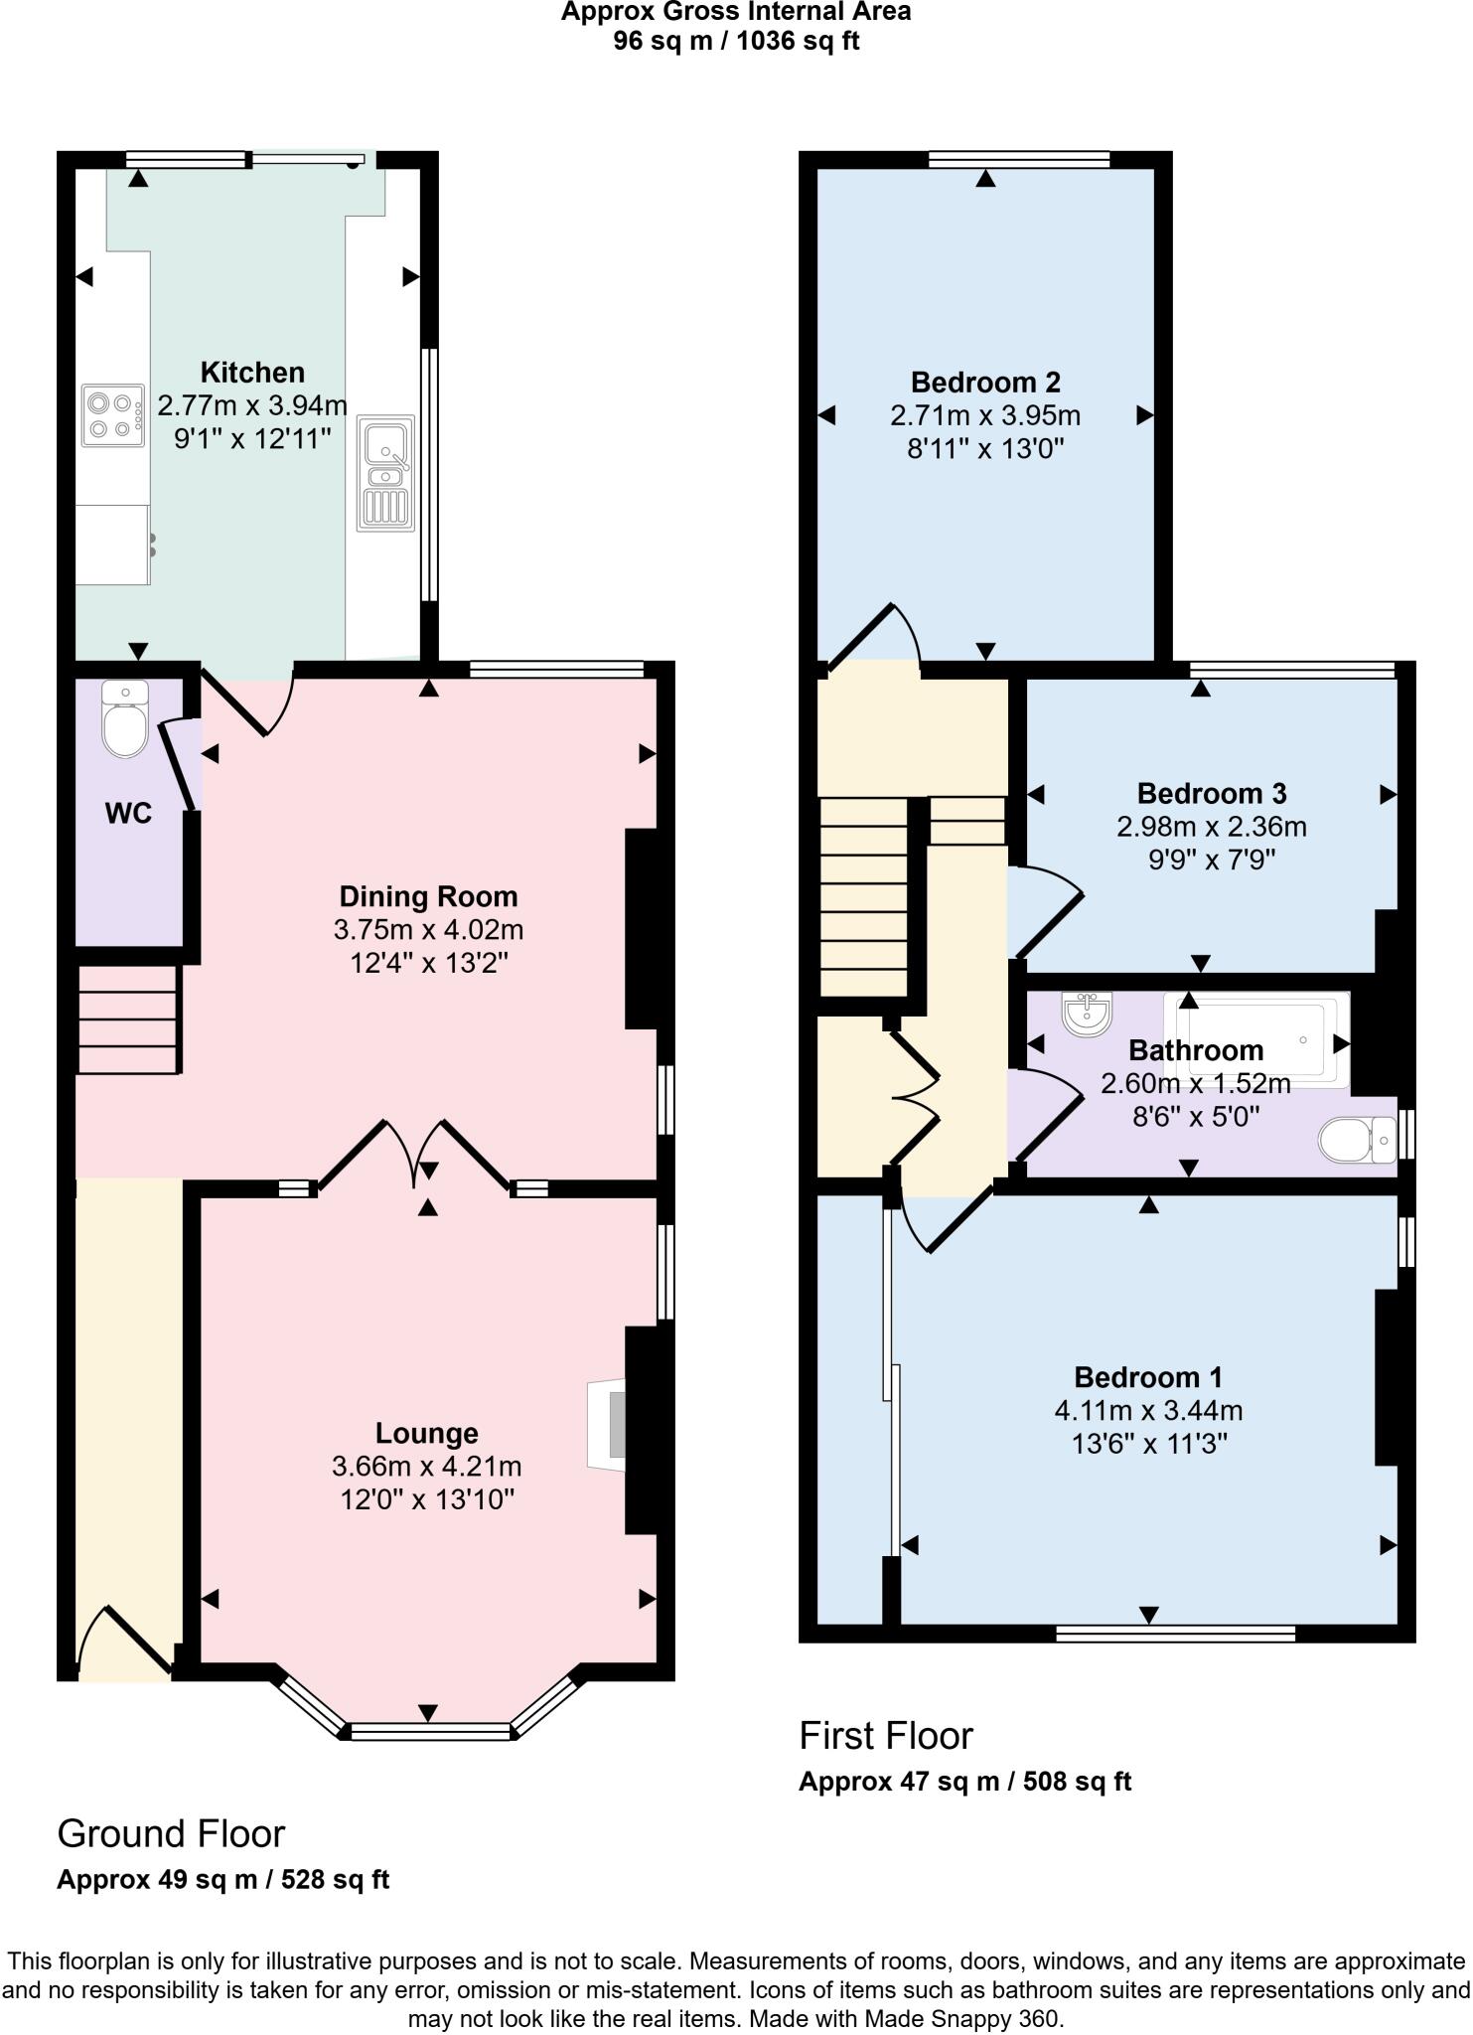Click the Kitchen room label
coord(252,373)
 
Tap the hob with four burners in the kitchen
coord(112,416)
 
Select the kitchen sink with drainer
coord(387,471)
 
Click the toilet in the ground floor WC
coord(125,719)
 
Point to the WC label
coord(128,814)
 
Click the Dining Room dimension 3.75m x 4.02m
coord(428,930)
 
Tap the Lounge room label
coord(427,1433)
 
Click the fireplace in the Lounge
coord(608,1424)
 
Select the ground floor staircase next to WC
coord(128,1020)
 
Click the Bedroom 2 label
coord(985,382)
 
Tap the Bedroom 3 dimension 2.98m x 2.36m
coord(1211,827)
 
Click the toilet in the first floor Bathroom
coord(1356,1140)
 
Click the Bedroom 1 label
coord(1147,1377)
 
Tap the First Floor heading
coord(886,1736)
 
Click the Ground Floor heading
coord(171,1833)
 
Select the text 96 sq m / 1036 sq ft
coord(736,42)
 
